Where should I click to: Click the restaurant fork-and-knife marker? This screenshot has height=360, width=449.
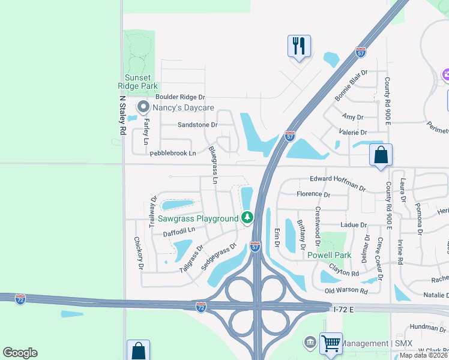point(299,46)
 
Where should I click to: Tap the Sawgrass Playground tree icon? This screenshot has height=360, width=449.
point(247,217)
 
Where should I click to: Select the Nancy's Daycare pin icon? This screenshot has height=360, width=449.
point(143,107)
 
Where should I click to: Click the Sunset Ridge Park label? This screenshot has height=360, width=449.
point(140,82)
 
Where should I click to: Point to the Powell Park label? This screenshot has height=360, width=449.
point(329,255)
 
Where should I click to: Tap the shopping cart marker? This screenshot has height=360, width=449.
point(331,343)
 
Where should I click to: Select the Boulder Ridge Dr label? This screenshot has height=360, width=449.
point(180,97)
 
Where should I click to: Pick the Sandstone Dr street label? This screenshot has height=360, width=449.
point(197,125)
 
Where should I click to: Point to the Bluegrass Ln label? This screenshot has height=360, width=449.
point(212,161)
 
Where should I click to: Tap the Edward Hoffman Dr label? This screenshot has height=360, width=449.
point(337,183)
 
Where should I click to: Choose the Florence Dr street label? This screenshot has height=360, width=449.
point(314,194)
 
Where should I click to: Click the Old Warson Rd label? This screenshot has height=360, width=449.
point(346,290)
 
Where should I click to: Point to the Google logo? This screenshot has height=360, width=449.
point(20,352)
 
